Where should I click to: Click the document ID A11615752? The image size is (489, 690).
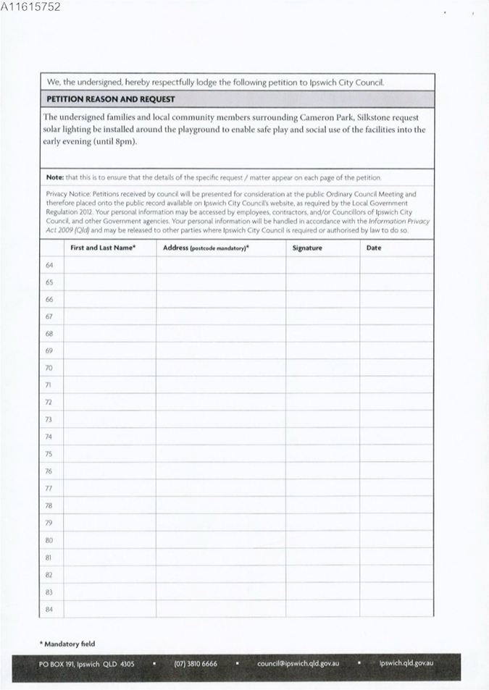[30, 7]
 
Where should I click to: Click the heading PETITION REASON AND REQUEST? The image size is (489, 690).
[111, 99]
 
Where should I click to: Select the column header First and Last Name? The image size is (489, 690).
[103, 248]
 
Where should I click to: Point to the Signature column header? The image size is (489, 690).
[307, 248]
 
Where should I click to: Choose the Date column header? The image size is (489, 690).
[374, 248]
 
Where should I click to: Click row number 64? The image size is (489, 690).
[49, 265]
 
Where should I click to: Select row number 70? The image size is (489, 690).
[49, 368]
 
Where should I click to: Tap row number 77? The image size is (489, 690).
[49, 489]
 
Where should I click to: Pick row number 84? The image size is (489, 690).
[49, 609]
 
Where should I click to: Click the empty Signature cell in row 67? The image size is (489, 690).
[322, 316]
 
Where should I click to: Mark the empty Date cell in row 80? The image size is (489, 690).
[396, 540]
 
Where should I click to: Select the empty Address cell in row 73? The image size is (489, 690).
[221, 420]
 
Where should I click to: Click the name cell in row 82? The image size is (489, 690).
[109, 574]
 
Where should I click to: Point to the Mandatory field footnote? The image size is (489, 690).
[67, 644]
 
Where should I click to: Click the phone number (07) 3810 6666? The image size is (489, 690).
[195, 664]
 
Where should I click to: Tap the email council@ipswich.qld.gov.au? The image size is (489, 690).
[298, 664]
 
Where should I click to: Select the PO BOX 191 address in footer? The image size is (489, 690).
[86, 664]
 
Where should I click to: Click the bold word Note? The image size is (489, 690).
[54, 177]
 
